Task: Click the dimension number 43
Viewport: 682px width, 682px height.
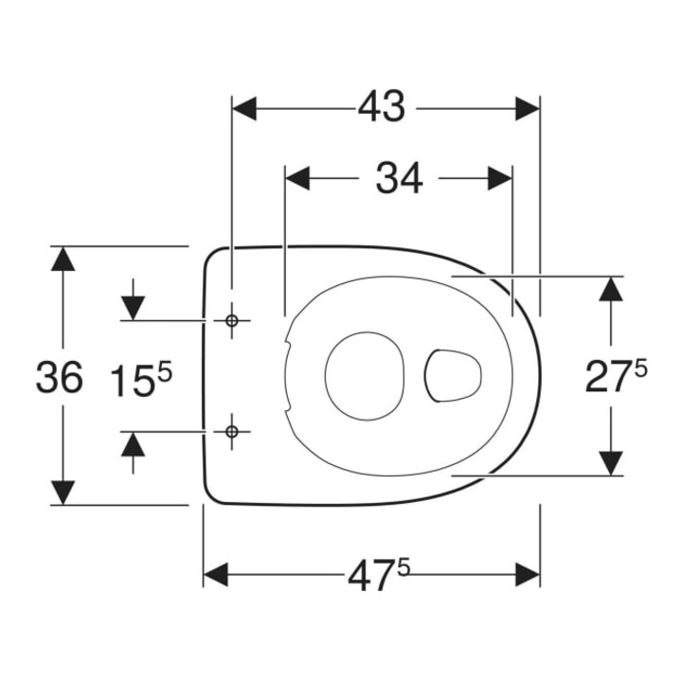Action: (381, 107)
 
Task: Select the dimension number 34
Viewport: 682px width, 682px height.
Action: (399, 178)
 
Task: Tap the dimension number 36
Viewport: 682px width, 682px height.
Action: (59, 377)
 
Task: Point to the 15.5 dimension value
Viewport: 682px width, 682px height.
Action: (141, 379)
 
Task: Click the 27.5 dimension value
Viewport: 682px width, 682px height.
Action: (616, 376)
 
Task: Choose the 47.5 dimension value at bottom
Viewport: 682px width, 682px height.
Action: (379, 575)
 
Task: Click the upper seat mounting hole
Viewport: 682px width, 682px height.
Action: (231, 321)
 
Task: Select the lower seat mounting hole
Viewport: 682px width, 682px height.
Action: (231, 432)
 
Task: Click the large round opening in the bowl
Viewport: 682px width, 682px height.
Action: (365, 376)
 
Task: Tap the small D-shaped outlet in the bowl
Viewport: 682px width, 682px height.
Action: (453, 375)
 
